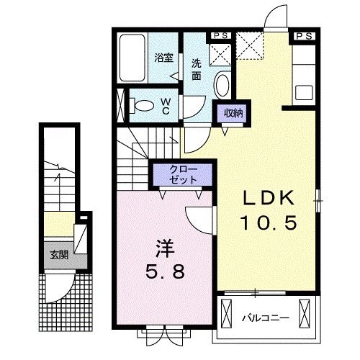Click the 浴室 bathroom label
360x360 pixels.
tap(163, 58)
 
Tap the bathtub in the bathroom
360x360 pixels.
tap(132, 58)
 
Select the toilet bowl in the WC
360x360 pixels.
tap(143, 105)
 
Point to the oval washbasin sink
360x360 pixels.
tap(222, 86)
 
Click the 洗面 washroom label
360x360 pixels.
tap(197, 70)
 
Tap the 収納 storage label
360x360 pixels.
tap(233, 113)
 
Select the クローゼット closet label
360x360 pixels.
tap(184, 174)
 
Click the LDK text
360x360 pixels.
tap(269, 198)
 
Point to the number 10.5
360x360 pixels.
tap(269, 222)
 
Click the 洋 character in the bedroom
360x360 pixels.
tap(165, 248)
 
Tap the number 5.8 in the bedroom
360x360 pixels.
tap(166, 273)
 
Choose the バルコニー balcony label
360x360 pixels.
tap(266, 318)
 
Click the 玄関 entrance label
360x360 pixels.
tap(59, 255)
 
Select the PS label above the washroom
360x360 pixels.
tap(220, 36)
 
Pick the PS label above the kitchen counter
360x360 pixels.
tap(305, 36)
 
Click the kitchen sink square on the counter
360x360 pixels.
tap(304, 92)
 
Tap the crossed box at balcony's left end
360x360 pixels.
tap(226, 313)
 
